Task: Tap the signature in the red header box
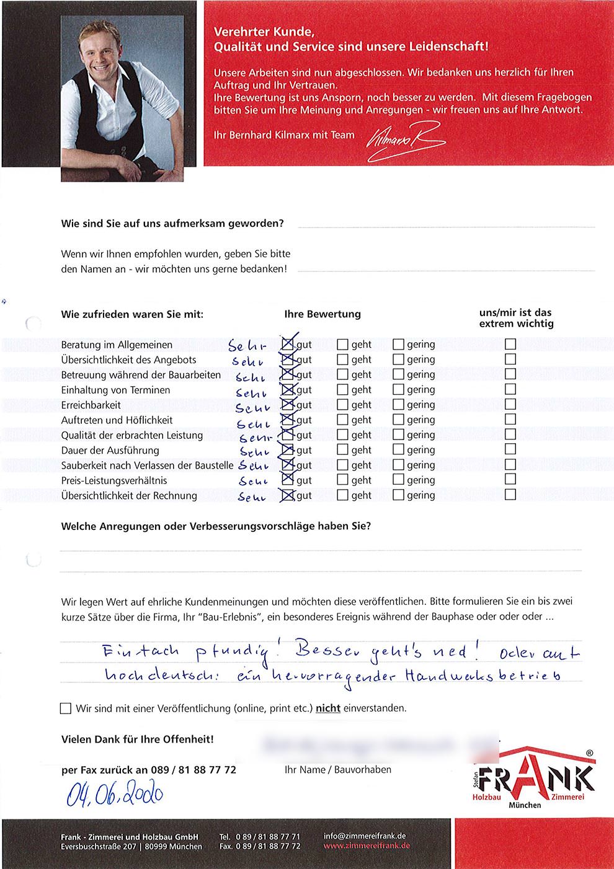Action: coord(406,141)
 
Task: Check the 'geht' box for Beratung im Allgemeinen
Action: coord(342,344)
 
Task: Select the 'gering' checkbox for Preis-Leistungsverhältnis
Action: coord(398,480)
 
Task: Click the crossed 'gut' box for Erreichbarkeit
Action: coord(288,405)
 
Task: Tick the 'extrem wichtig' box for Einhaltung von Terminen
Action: coord(510,389)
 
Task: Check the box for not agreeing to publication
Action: coord(66,708)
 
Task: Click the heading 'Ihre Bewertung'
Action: coord(323,314)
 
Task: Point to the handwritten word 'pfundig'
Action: coord(234,652)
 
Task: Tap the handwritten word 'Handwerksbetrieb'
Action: coord(484,676)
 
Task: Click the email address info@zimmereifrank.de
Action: coord(365,836)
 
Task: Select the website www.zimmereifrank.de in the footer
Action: coord(367,846)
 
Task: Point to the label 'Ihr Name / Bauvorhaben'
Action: coord(338,770)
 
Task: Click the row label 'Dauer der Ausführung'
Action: coord(110,451)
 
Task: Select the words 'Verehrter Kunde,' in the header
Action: coord(264,32)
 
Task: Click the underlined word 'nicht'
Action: coord(328,708)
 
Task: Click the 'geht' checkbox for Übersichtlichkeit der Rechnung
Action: coord(342,495)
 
